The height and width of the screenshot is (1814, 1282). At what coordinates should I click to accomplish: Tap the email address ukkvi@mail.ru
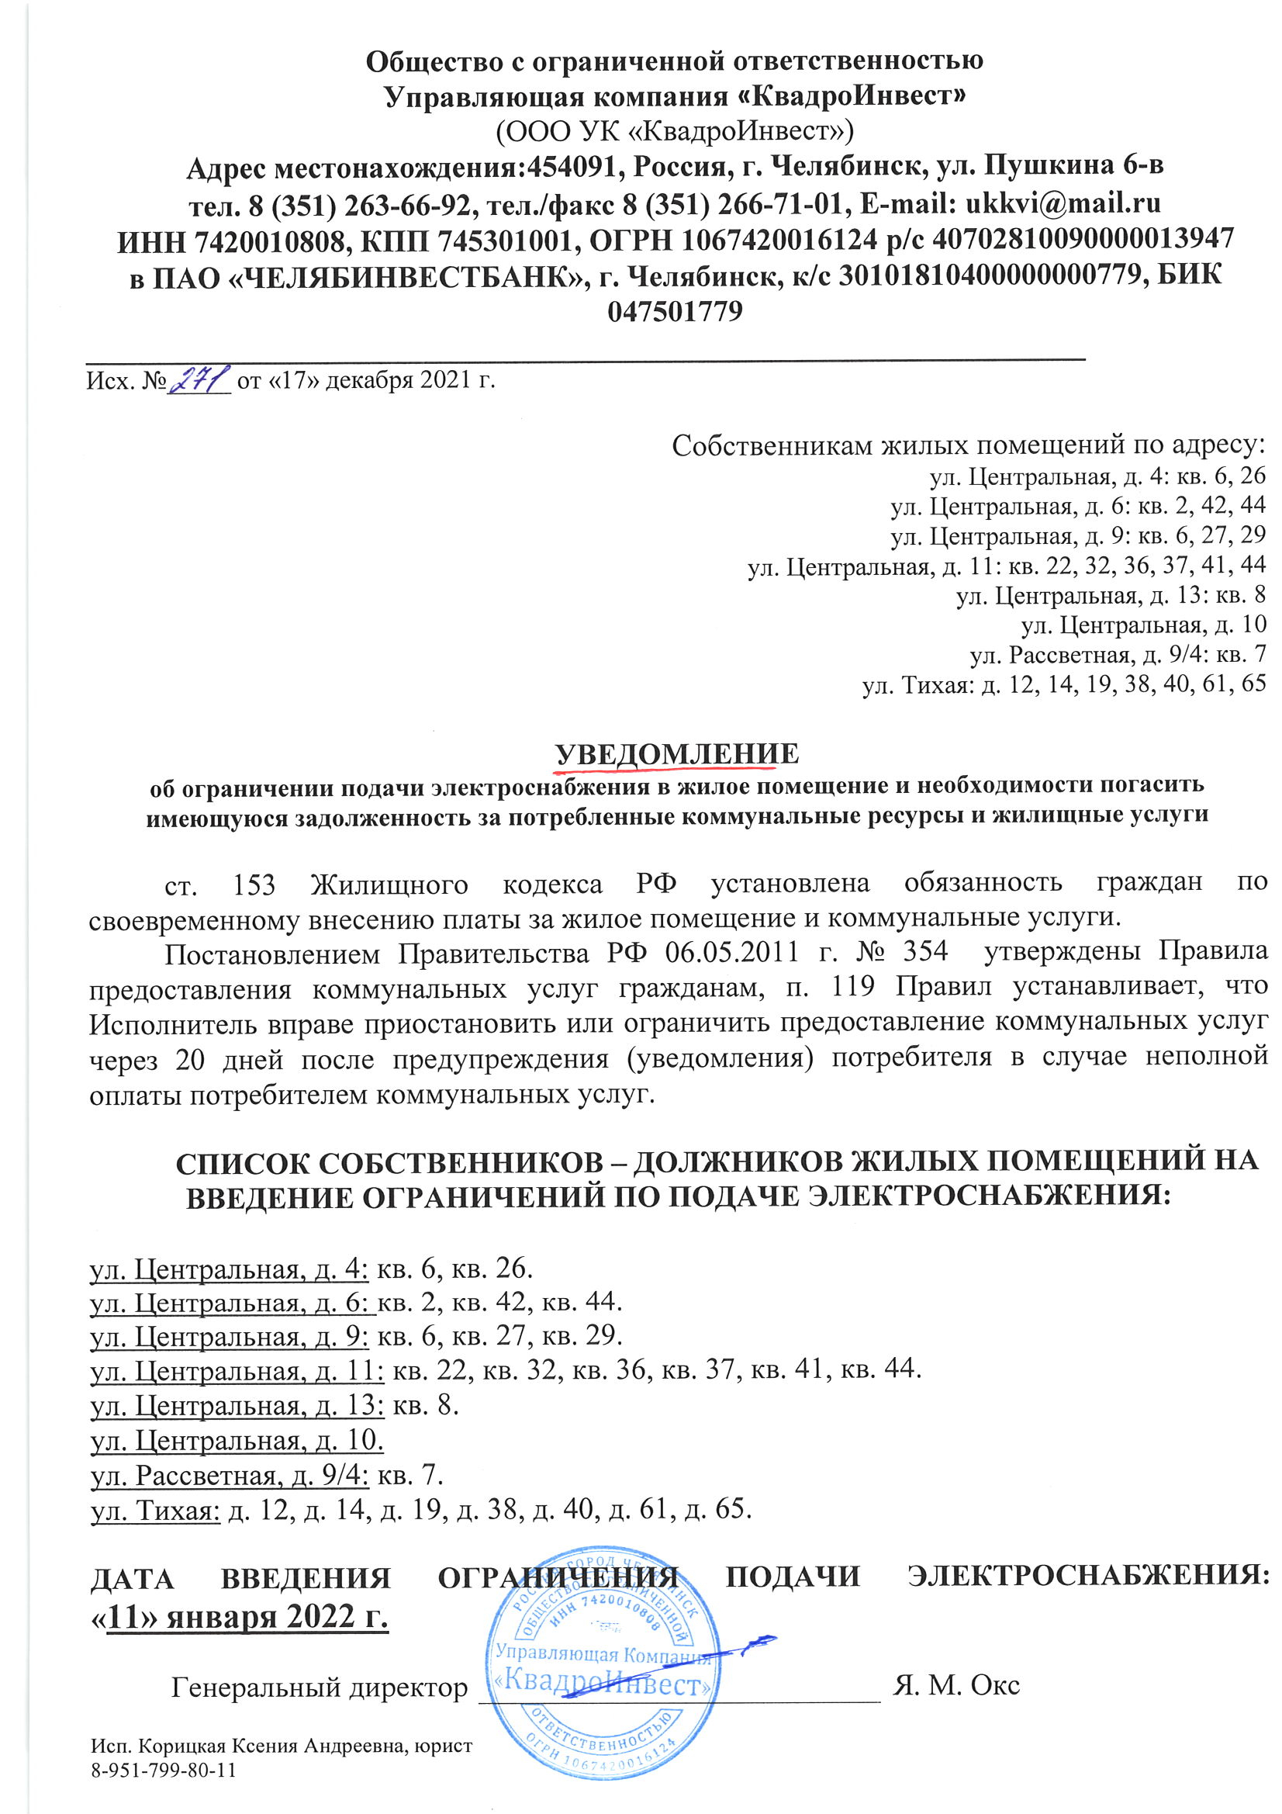[x=1063, y=204]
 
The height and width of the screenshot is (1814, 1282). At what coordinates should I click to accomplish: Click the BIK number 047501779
[x=676, y=311]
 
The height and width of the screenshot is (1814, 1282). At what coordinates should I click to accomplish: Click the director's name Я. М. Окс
[x=955, y=1684]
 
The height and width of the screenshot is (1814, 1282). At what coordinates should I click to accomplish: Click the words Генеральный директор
[x=319, y=1687]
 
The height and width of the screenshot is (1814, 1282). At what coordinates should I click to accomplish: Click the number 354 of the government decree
[x=925, y=950]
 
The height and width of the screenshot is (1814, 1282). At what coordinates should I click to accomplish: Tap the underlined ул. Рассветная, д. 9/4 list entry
[x=230, y=1475]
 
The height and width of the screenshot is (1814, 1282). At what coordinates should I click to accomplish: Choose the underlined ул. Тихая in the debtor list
[x=155, y=1510]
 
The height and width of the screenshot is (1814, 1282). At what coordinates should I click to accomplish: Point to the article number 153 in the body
[x=254, y=884]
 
